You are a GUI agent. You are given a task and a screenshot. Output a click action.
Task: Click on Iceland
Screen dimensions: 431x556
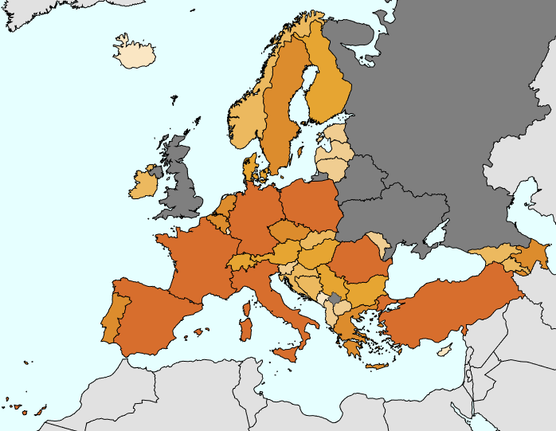tap(133, 55)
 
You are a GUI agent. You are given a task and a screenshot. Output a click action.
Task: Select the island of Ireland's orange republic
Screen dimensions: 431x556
tap(143, 185)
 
